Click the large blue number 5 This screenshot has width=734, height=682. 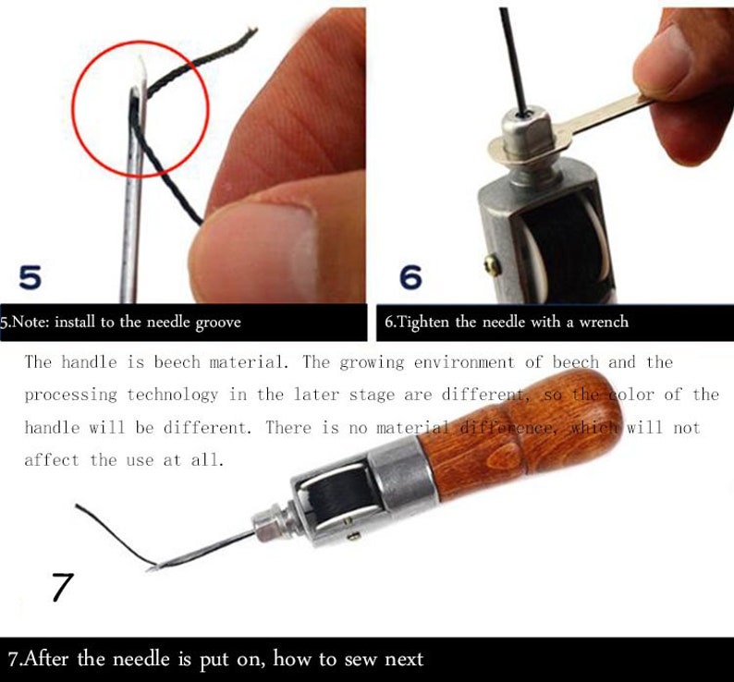30,274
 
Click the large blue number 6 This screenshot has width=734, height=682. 410,276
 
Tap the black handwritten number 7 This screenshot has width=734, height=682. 62,587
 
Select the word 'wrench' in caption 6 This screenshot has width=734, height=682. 602,322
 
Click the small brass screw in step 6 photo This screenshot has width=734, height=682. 493,266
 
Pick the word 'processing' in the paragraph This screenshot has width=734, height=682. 71,395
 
